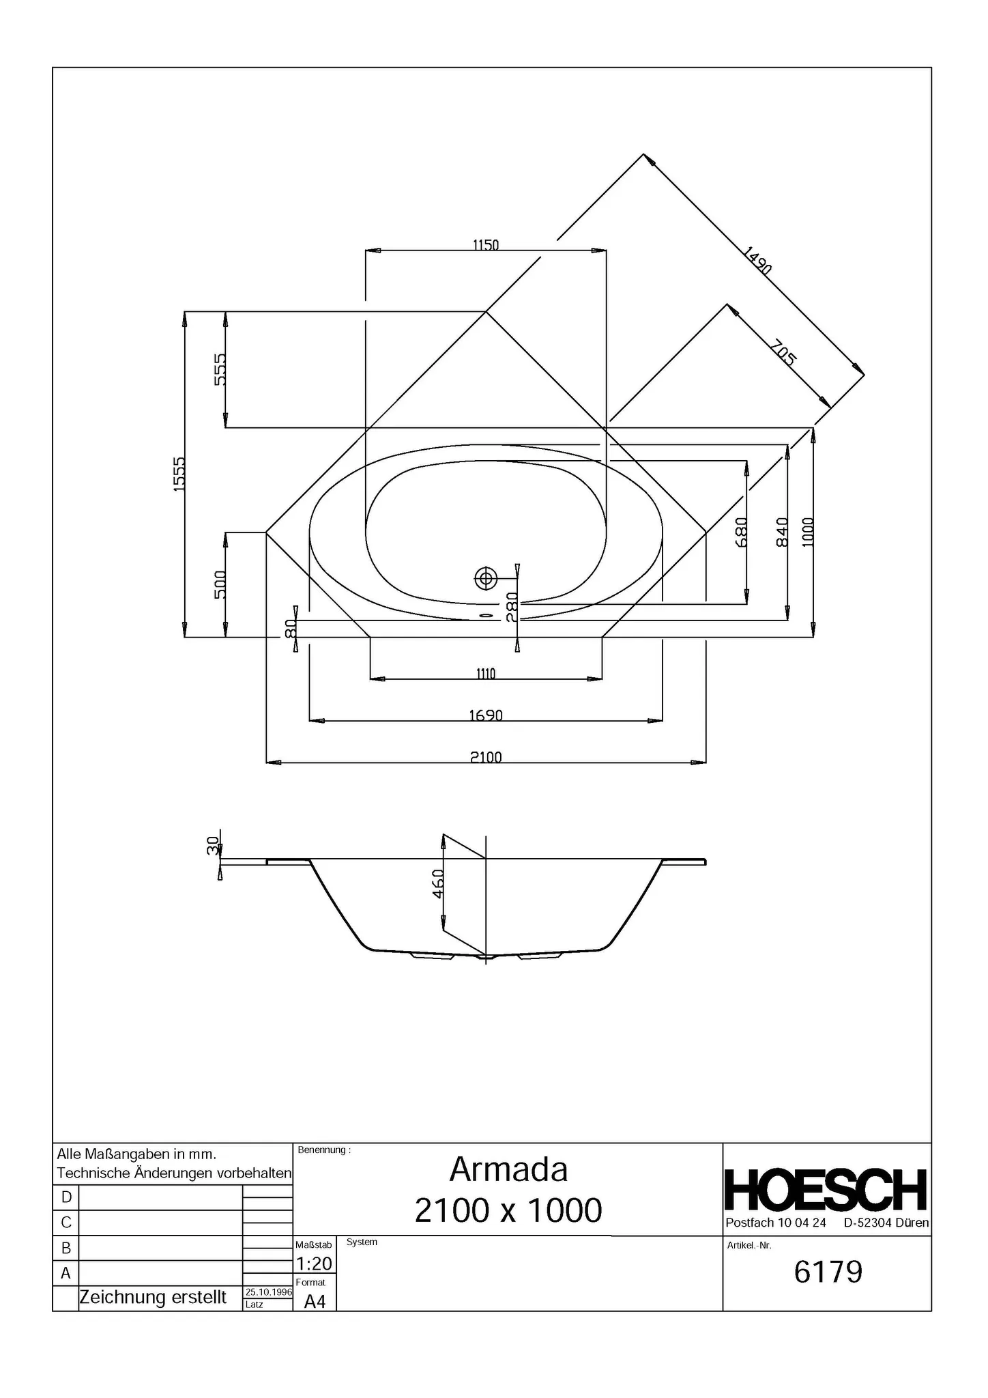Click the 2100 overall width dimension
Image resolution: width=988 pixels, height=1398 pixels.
coord(486,757)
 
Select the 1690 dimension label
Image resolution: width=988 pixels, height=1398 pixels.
coord(486,715)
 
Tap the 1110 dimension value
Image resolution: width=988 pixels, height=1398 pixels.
coord(486,674)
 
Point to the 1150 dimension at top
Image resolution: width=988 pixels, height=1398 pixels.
coord(486,244)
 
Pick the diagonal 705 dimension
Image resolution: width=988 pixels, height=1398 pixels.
coord(783,353)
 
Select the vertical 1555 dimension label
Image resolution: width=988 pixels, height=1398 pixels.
coord(179,474)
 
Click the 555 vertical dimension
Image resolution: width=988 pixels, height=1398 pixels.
coord(220,369)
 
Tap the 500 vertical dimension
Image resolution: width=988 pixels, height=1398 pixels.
coord(220,584)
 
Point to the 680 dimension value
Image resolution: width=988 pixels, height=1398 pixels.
coord(742,532)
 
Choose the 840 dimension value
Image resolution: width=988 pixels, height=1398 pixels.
coord(783,532)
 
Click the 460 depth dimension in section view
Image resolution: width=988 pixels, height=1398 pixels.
coord(439,883)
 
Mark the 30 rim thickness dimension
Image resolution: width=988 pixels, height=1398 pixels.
coord(212,846)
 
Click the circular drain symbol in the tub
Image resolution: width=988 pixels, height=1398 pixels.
coord(486,579)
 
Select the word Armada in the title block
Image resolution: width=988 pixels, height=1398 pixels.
coord(508,1170)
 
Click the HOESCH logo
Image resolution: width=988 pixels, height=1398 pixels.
coord(826,1190)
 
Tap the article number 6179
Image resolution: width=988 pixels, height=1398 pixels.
coord(828,1272)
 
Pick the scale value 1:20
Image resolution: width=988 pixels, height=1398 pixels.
coord(314,1264)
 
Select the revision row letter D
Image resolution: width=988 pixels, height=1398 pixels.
coord(66,1197)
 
